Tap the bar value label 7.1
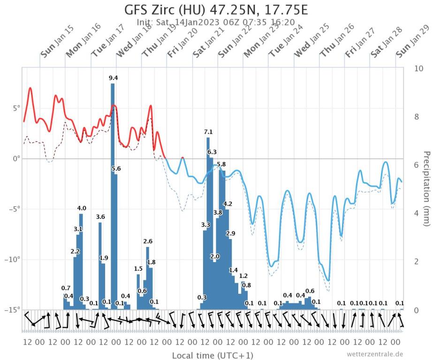pos(208,132)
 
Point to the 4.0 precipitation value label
pos(82,208)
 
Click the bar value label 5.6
pos(116,168)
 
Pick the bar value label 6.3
pos(212,152)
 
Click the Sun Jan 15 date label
pos(57,42)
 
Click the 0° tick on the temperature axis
pos(16,159)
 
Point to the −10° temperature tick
pos(13,260)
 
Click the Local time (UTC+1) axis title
pos(212,355)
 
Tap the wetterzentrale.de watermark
pos(375,354)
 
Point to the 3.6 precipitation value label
pos(100,217)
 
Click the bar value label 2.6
pos(148,241)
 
